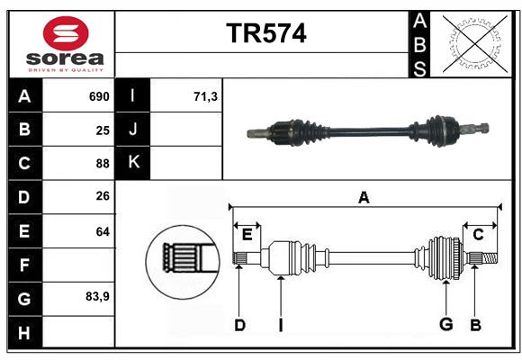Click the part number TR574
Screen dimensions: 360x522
(x=265, y=34)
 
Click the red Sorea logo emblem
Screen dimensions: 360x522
(x=66, y=34)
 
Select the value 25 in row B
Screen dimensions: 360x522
(x=103, y=130)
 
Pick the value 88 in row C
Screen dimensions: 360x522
(x=103, y=164)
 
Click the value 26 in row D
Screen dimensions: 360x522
(x=103, y=197)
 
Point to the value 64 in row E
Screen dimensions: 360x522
(x=103, y=231)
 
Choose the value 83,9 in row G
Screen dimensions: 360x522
(x=97, y=296)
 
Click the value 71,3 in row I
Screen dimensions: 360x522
(x=205, y=96)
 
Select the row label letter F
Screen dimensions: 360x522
(x=24, y=265)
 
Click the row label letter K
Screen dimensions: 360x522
(x=133, y=163)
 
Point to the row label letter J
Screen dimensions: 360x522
(x=133, y=130)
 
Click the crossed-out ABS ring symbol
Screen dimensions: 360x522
(x=472, y=43)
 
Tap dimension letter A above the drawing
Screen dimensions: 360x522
(x=364, y=196)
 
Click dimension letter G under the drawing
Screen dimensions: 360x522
(x=445, y=325)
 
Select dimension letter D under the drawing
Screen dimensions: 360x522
(x=239, y=325)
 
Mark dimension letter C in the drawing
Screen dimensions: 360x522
(x=478, y=234)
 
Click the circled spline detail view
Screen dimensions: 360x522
(x=183, y=260)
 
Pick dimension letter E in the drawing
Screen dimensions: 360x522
(x=247, y=234)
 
